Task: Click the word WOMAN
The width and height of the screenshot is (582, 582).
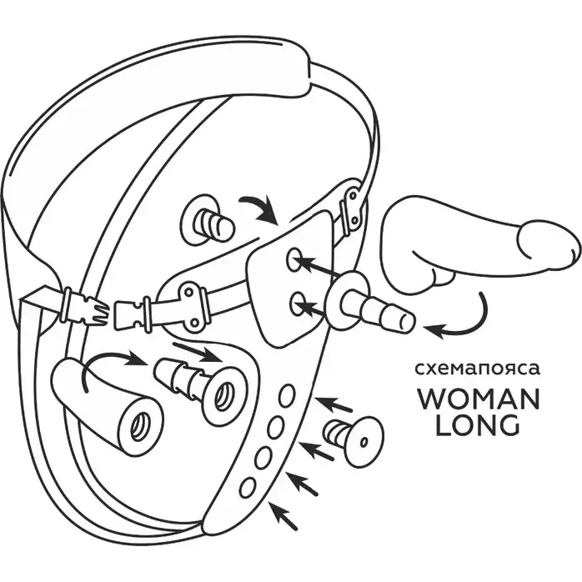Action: pos(479,399)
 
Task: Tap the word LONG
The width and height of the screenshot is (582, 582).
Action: pos(477,425)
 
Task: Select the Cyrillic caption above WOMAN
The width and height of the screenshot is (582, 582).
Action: pos(477,370)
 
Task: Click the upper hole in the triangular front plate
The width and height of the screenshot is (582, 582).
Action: pos(294,258)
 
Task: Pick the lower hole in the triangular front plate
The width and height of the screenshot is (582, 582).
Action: pos(299,304)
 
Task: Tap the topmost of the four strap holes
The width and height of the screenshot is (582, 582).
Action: pos(287,396)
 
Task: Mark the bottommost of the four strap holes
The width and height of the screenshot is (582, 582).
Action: pos(248,487)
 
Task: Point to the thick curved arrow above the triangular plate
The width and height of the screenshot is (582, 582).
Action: pos(260,207)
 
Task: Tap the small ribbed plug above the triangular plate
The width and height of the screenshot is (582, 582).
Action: pos(208,220)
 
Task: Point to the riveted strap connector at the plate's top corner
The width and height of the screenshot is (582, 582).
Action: pos(352,207)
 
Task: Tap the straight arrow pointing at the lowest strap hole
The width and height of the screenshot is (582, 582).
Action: pos(283,515)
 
